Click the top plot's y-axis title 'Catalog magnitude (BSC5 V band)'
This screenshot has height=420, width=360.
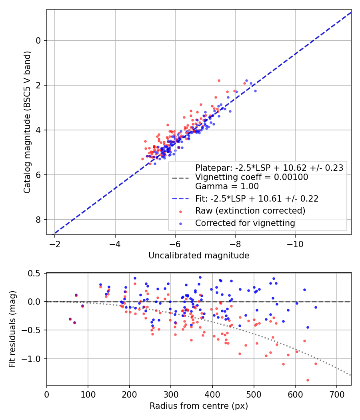point(27,122)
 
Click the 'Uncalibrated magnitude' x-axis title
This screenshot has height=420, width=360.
point(199,256)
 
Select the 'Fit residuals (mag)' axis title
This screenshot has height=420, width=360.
point(12,329)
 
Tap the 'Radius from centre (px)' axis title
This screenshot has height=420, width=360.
point(199,406)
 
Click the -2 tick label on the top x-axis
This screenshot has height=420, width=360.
point(55,244)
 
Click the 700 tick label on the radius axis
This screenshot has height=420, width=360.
point(336,394)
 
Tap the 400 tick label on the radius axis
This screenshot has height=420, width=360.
point(212,394)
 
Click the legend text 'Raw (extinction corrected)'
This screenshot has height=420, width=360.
point(250,211)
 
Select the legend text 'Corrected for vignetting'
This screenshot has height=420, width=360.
point(245,223)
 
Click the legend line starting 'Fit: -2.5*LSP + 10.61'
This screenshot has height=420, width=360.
point(256,198)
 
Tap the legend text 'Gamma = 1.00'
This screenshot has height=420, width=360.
point(227,186)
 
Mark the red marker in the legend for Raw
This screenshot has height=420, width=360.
point(180,211)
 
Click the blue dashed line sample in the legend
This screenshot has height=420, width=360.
point(180,198)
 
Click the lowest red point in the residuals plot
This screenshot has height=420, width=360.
point(308,380)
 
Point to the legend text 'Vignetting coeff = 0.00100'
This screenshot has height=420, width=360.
point(252,177)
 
